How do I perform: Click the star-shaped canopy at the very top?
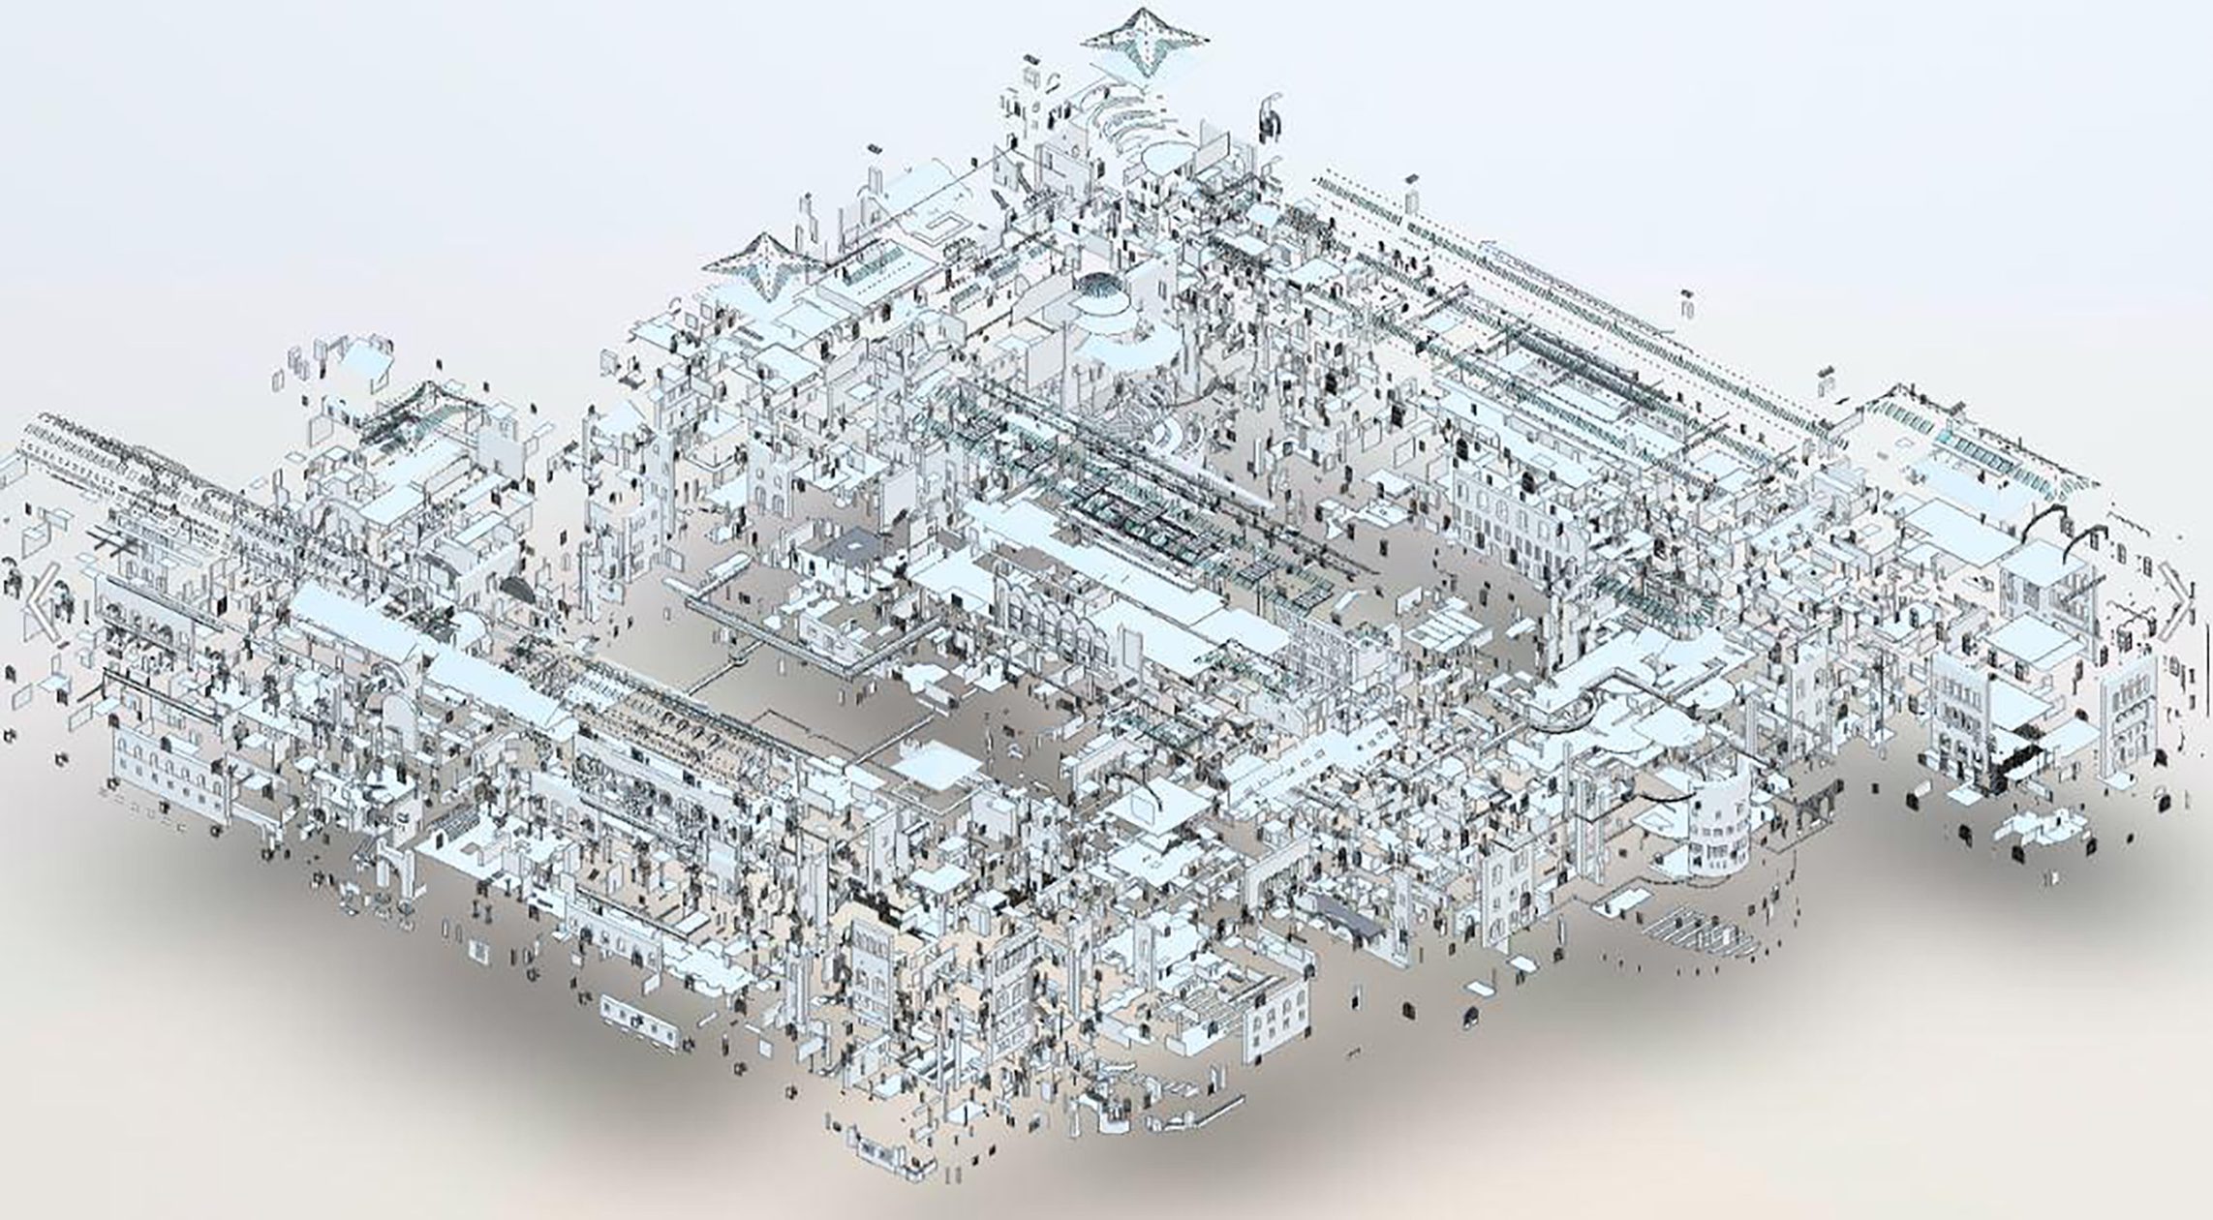[1145, 40]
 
